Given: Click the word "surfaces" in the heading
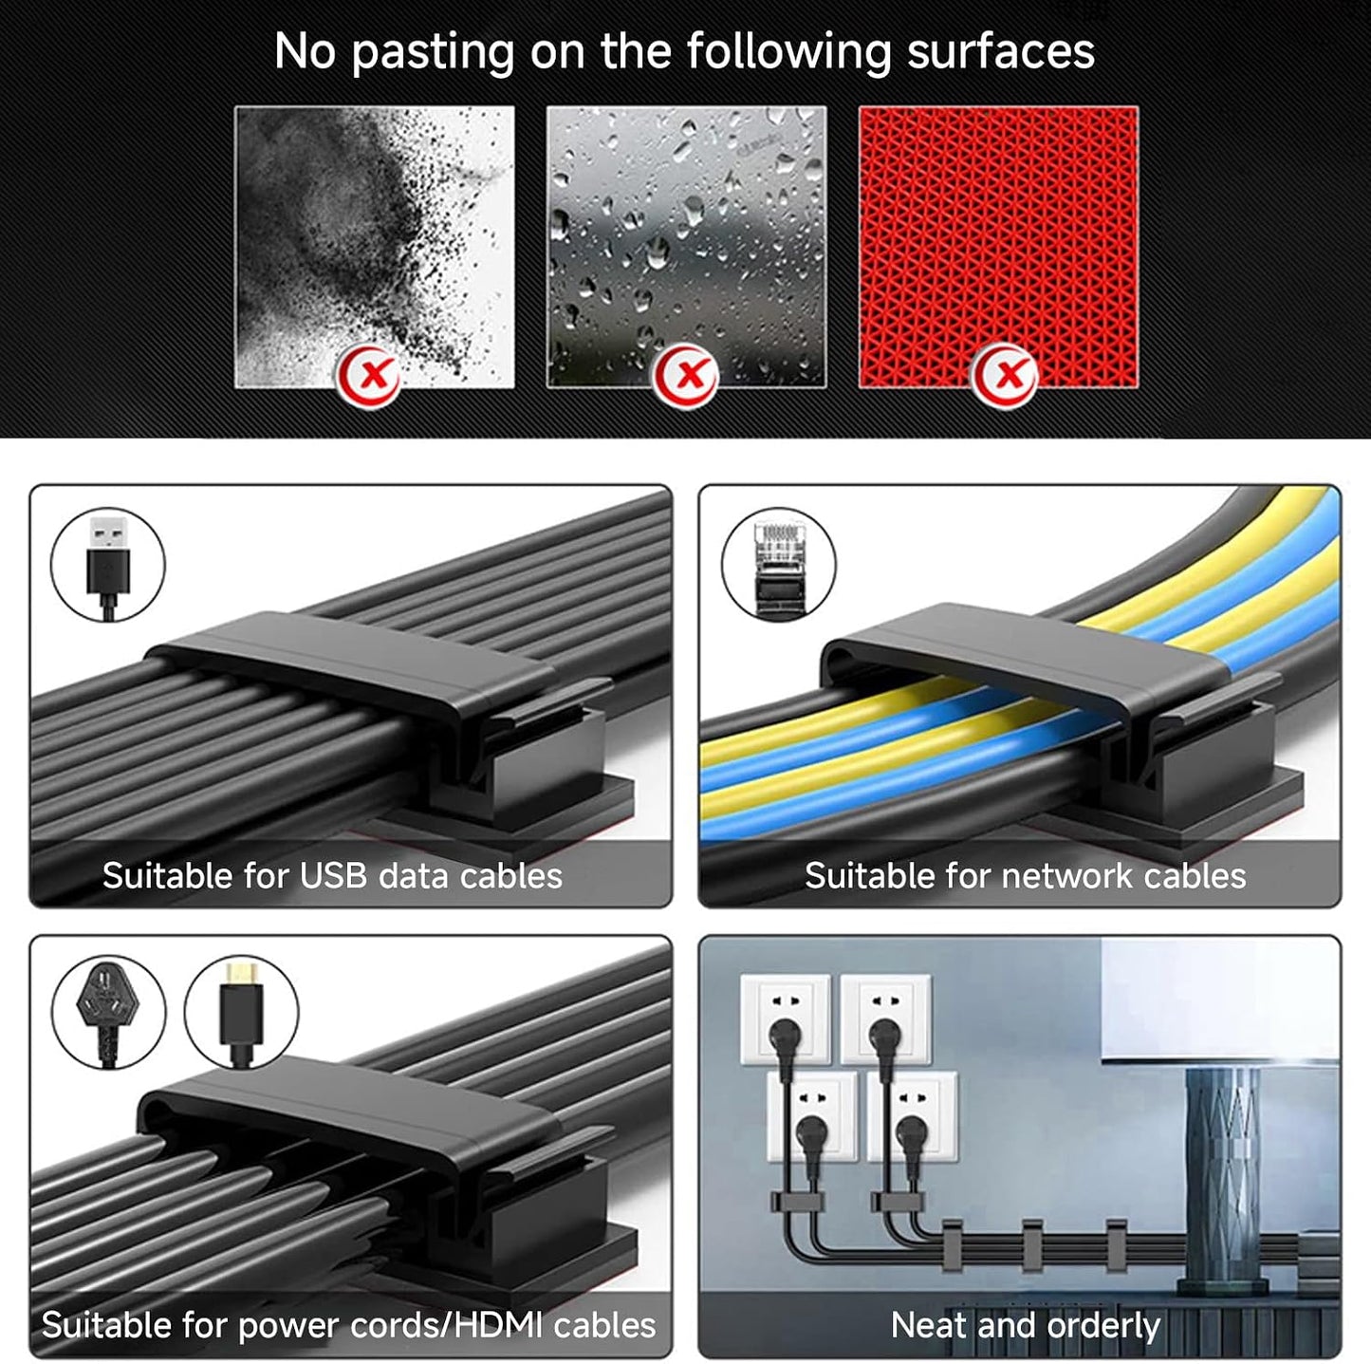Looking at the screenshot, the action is pyautogui.click(x=1001, y=51).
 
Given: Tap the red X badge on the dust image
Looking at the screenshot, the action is pyautogui.click(x=368, y=375).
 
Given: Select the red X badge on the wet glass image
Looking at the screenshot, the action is pyautogui.click(x=686, y=375).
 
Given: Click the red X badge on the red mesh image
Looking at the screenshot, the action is pyautogui.click(x=1005, y=375).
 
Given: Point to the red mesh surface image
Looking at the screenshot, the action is pyautogui.click(x=998, y=247).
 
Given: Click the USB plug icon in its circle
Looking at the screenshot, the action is pyautogui.click(x=108, y=565).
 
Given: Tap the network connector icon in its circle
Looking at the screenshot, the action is pyautogui.click(x=779, y=565).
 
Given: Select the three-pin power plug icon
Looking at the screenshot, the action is pyautogui.click(x=108, y=1012).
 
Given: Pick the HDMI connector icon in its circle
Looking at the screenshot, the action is pyautogui.click(x=241, y=1012).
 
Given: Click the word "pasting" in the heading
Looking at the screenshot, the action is pyautogui.click(x=433, y=53).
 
